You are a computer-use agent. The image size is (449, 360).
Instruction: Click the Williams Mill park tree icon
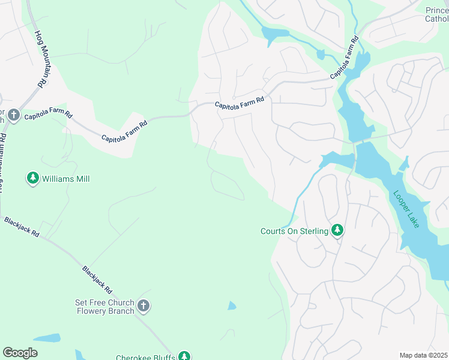click(x=33, y=178)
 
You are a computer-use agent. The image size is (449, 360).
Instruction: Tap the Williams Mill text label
click(x=65, y=179)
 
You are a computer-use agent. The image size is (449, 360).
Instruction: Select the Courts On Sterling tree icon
click(x=337, y=230)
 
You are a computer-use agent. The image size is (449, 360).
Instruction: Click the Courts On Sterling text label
click(x=294, y=231)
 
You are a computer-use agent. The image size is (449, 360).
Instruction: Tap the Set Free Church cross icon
click(x=143, y=306)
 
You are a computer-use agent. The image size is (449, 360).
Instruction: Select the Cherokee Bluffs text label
click(x=145, y=357)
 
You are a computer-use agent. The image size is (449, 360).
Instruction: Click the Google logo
click(x=20, y=353)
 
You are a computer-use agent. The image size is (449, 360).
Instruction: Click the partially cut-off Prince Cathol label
click(x=436, y=14)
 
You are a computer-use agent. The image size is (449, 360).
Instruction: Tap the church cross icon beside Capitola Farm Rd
click(x=14, y=115)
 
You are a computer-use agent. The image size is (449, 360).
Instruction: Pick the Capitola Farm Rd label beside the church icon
click(x=49, y=115)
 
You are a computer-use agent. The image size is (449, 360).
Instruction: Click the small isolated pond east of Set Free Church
click(x=232, y=306)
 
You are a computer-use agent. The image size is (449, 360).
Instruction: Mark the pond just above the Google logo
click(x=46, y=338)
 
